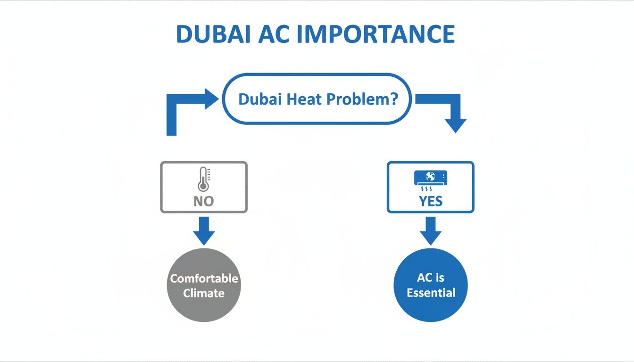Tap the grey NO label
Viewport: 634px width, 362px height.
(204, 201)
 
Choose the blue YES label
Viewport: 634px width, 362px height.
(430, 201)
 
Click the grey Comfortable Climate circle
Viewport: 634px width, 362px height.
(204, 286)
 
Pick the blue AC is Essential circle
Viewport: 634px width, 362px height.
(430, 286)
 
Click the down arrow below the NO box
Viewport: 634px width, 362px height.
(204, 231)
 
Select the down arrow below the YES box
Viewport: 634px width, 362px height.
(430, 231)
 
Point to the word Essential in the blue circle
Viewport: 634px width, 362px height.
(431, 293)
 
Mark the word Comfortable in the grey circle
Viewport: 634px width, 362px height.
(204, 279)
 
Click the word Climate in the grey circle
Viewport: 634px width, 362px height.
(204, 293)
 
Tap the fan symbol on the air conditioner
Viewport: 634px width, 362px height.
(430, 177)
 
